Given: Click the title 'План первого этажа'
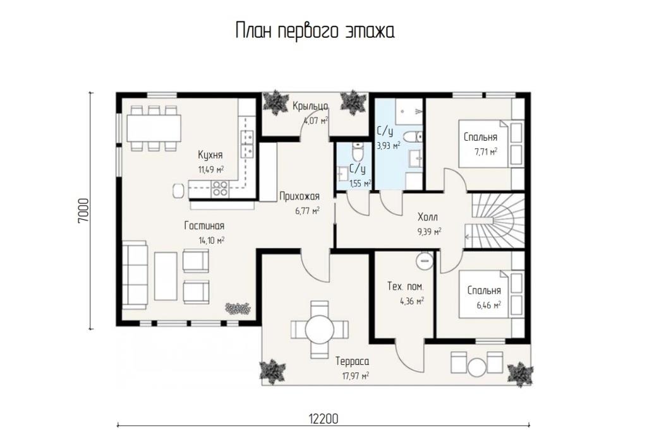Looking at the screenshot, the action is pos(315,32).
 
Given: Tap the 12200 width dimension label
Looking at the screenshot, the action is pos(323,419).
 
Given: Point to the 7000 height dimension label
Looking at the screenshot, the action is pos(83,211).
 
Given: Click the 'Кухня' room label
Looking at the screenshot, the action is pos(210,155).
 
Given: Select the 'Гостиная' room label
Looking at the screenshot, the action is pos(204,226).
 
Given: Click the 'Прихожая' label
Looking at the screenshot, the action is pos(299,196).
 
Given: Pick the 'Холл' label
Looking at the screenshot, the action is pos(428,217).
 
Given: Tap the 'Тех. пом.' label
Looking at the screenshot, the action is pos(405,286).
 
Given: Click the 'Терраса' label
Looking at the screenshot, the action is pos(353,362).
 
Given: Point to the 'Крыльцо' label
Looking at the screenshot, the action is pos(310,107).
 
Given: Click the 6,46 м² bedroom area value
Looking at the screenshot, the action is pos(489,305).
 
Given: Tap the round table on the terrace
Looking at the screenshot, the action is pos(319,330).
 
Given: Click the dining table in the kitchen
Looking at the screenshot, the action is pos(154,128).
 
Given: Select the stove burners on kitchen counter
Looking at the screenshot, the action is pos(219,189).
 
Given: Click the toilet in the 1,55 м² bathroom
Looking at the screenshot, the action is pos(358,152).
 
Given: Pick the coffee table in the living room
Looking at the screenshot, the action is pos(166,277).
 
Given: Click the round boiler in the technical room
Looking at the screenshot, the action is pos(424,261).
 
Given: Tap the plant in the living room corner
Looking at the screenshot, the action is pos(238,309).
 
